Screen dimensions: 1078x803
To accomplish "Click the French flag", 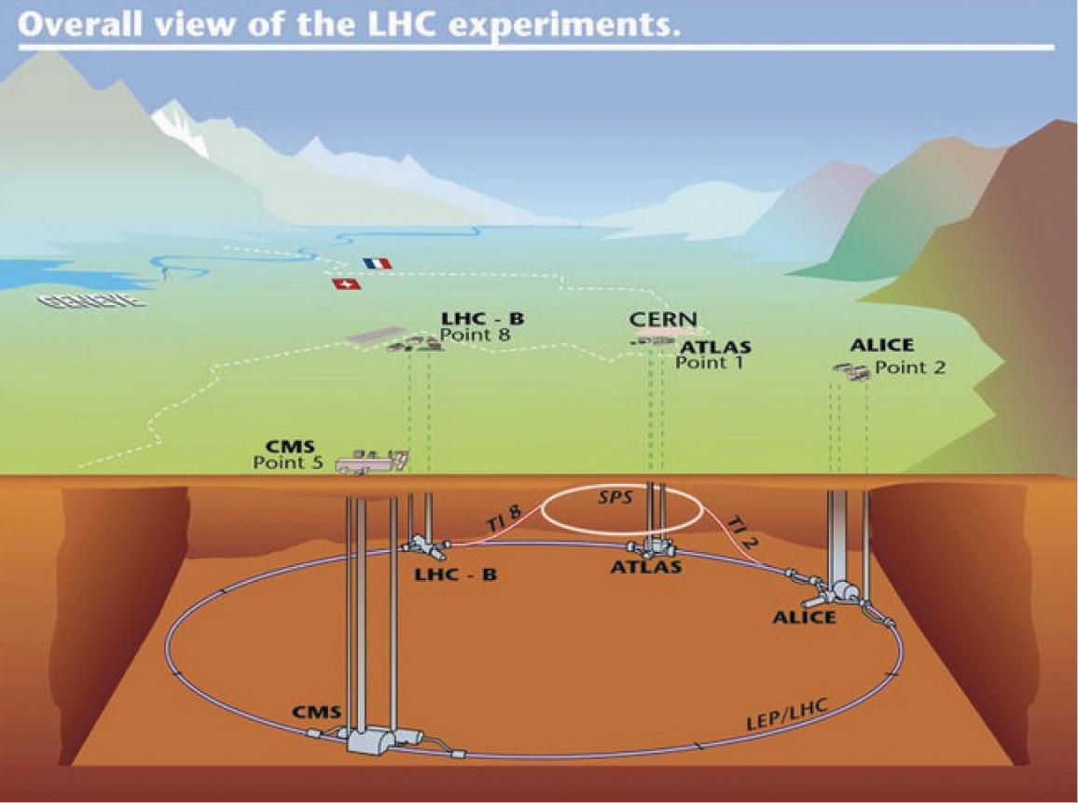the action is pos(379,264).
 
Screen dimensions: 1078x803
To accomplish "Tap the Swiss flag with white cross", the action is pos(346,284).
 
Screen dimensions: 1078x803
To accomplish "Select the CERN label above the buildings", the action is pos(663,320).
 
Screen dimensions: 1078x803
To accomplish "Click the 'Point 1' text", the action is pos(709,363).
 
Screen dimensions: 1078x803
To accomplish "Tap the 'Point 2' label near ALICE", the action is pos(910,367).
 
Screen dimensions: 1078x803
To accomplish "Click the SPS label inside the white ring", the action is pos(615,498).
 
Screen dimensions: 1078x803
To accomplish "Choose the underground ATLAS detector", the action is pos(652,546).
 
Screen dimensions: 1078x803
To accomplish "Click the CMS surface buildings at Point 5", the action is pos(371,460).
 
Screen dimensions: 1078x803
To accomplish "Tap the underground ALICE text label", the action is pos(804,616).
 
